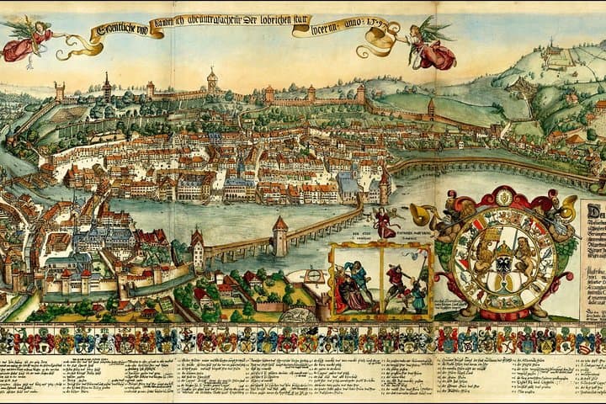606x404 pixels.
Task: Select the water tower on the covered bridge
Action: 279,237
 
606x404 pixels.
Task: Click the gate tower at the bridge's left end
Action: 198,250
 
